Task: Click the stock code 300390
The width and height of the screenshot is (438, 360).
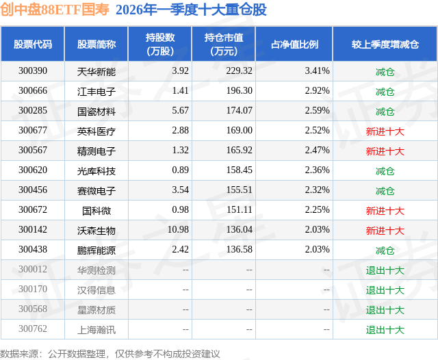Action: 33,70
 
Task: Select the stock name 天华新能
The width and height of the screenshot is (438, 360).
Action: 96,70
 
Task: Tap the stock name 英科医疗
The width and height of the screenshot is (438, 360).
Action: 96,131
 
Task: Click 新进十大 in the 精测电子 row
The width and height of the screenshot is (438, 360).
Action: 385,151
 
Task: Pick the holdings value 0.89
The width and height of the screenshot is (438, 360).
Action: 181,170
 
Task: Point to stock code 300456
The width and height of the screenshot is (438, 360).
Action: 33,190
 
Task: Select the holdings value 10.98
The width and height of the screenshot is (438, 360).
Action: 177,230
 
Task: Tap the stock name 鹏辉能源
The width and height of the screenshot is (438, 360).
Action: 96,250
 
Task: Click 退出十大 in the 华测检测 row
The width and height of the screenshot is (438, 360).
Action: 385,270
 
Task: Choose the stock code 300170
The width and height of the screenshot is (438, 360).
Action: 33,290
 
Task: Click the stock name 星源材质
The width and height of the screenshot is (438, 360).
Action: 96,310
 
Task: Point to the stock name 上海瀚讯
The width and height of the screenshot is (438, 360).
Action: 96,330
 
